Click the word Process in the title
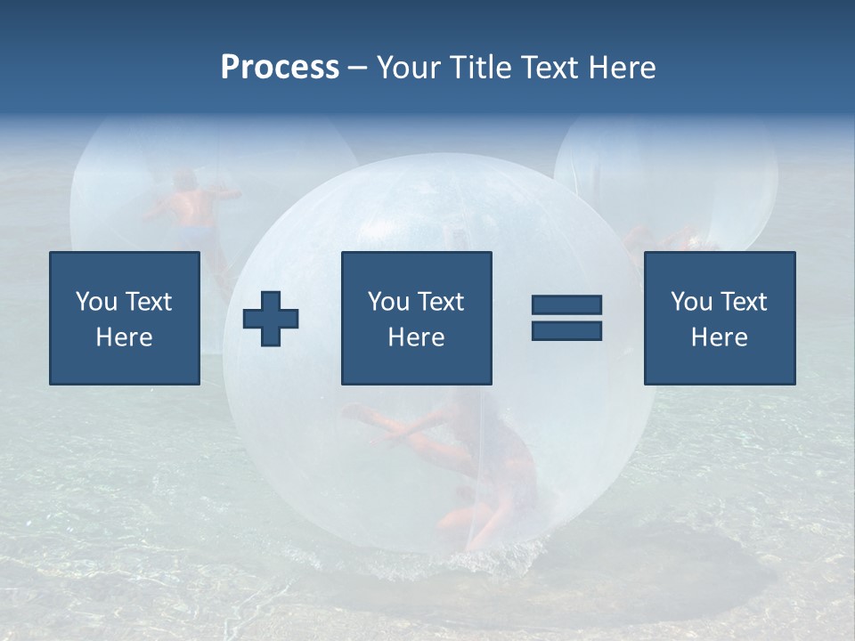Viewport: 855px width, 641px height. pos(280,68)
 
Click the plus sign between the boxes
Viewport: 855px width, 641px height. pos(271,319)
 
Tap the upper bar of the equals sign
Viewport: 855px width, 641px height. pos(566,304)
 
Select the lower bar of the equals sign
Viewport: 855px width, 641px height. pos(566,330)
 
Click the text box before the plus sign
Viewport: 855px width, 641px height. pos(125,318)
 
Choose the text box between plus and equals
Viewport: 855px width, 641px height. pos(416,318)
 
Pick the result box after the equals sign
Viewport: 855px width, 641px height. pos(719,318)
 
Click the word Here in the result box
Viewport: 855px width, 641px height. pos(719,337)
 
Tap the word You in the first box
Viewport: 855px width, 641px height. pos(94,302)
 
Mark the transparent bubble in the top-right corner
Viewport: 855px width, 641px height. pos(666,174)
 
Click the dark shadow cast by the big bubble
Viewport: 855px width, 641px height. pos(695,570)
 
